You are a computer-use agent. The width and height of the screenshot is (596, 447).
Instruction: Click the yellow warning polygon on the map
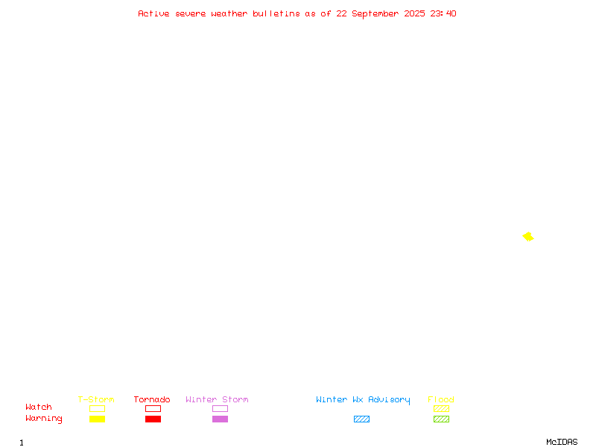tap(528, 237)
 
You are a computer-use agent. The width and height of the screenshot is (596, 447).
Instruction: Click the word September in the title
tap(375, 14)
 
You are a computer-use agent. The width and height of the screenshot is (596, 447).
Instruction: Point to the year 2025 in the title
tap(414, 13)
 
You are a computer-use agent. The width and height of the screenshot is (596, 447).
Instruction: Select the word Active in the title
tap(153, 13)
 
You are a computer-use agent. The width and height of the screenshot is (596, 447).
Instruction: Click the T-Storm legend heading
tap(96, 399)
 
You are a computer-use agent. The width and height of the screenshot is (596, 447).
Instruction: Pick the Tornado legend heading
tap(152, 399)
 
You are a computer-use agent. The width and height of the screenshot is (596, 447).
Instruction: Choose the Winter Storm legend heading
tap(217, 399)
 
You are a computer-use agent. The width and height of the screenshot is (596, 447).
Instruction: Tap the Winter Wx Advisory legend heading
tap(363, 400)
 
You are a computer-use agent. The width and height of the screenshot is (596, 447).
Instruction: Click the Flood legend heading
tap(441, 399)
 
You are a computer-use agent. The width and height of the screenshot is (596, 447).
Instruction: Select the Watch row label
tap(39, 407)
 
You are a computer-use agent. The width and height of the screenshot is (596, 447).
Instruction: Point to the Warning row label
tap(44, 419)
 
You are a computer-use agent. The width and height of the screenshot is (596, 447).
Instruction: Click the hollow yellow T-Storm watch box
tap(98, 405)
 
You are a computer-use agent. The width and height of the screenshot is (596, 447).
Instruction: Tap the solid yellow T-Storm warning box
tap(98, 419)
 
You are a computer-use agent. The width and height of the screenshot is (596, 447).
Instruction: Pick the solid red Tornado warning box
tap(153, 419)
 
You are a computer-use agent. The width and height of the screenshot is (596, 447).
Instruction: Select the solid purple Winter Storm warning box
tap(220, 419)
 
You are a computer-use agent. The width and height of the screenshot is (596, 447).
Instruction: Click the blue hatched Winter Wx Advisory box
tap(361, 419)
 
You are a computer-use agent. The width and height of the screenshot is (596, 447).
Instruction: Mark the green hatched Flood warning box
tap(441, 419)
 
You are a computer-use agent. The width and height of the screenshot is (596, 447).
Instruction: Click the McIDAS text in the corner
tap(562, 442)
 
